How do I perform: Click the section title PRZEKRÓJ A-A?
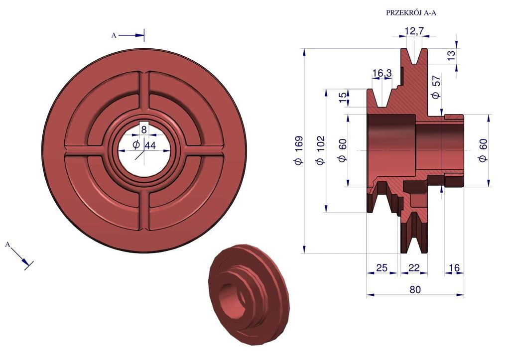(411, 13)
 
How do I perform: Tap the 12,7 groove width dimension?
(414, 31)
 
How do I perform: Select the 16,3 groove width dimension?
(382, 73)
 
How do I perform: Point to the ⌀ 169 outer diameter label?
(299, 150)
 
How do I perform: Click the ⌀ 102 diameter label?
(321, 150)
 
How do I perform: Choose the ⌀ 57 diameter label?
(436, 87)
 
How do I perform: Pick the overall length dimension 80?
(415, 289)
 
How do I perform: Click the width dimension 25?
(382, 268)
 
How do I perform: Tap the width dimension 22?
(414, 268)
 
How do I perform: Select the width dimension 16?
(454, 268)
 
